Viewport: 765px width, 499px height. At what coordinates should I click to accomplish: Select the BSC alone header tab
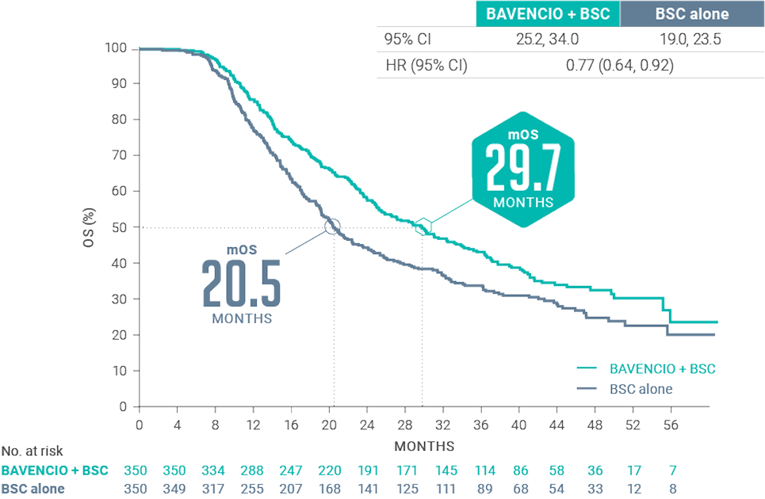pyautogui.click(x=692, y=14)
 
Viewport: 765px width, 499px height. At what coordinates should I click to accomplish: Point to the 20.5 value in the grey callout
pyautogui.click(x=241, y=281)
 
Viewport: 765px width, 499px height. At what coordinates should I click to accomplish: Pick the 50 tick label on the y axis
pyautogui.click(x=120, y=227)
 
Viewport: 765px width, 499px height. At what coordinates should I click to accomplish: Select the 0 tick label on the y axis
pyautogui.click(x=124, y=406)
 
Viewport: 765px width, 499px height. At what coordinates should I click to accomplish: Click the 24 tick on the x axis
pyautogui.click(x=367, y=425)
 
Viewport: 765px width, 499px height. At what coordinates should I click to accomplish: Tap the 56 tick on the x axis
pyautogui.click(x=671, y=425)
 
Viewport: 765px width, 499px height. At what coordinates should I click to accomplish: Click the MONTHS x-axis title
pyautogui.click(x=424, y=445)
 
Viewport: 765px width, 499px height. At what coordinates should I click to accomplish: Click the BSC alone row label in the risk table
pyautogui.click(x=33, y=488)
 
